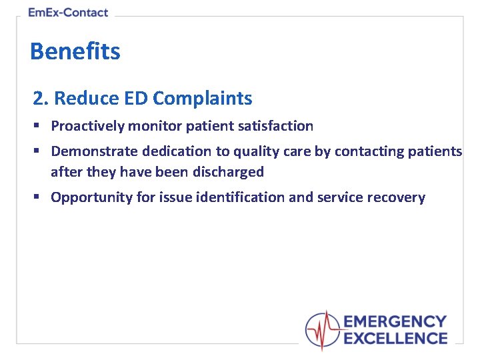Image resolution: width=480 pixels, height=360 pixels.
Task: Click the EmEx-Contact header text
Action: (x=68, y=13)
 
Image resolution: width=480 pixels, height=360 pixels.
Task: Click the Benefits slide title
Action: (x=75, y=51)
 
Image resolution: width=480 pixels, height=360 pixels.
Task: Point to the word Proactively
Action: (x=87, y=126)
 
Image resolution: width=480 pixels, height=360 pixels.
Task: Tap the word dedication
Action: (x=175, y=151)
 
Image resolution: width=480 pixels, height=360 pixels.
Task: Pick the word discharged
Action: (x=228, y=172)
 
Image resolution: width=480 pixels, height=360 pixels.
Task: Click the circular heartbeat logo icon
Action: (x=323, y=329)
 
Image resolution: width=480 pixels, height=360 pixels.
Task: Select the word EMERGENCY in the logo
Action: (x=395, y=322)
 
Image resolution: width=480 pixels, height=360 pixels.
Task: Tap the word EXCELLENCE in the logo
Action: (x=395, y=338)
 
